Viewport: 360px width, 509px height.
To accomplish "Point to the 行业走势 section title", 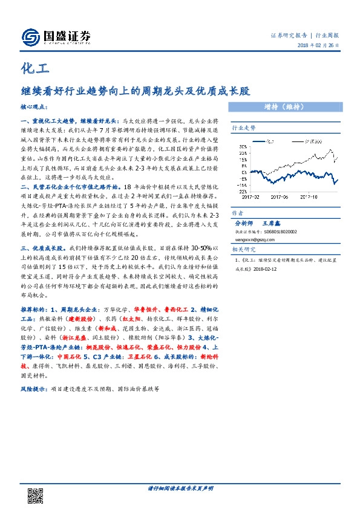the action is point(244,129).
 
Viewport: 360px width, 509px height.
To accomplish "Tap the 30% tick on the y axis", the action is point(243,146).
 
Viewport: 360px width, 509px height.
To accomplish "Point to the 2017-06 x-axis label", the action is point(280,196).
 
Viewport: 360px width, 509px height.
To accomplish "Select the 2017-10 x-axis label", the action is point(309,196).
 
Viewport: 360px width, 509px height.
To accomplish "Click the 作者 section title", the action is point(237,213).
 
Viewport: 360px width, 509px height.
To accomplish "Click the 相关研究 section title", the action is point(244,248).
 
